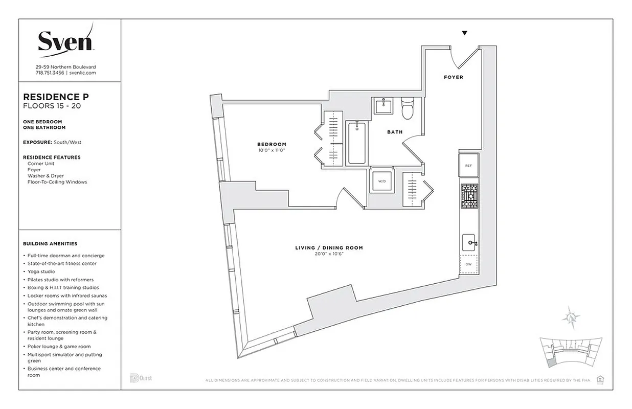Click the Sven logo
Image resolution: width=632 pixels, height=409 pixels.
(x=65, y=41)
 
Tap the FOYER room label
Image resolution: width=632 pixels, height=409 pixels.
(x=453, y=77)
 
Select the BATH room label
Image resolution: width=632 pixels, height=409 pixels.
(x=394, y=132)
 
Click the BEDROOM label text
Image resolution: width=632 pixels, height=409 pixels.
(x=272, y=144)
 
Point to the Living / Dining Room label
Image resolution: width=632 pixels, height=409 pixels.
(x=329, y=248)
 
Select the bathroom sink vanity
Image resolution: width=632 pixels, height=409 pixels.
(x=383, y=106)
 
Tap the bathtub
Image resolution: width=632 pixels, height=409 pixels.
(x=356, y=143)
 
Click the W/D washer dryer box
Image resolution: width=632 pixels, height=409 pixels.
(x=381, y=181)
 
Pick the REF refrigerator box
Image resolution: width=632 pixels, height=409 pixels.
(x=468, y=166)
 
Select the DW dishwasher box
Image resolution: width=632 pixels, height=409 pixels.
(x=468, y=264)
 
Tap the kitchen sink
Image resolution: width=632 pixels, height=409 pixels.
(x=469, y=243)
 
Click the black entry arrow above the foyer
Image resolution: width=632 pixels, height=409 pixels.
(x=464, y=33)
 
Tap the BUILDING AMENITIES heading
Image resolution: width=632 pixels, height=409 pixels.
(x=50, y=244)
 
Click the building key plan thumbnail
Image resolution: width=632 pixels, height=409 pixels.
(x=570, y=353)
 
